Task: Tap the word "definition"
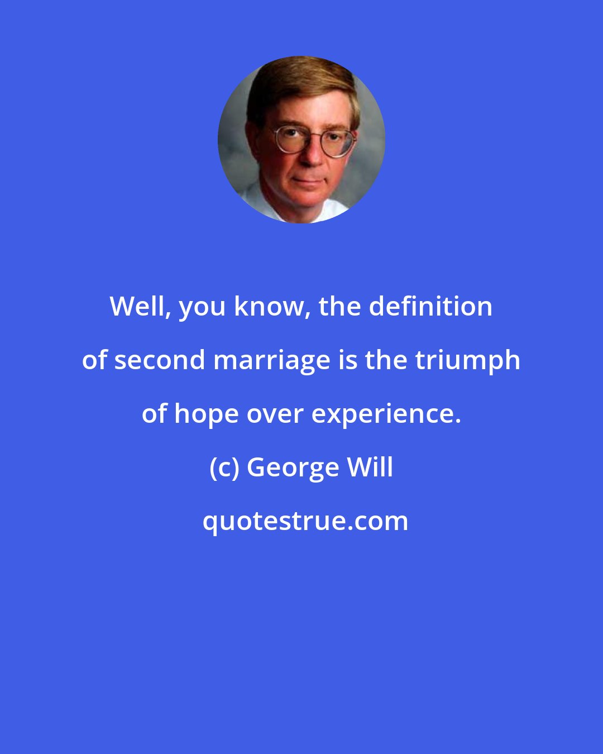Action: click(x=430, y=307)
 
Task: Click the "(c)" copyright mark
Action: click(x=224, y=467)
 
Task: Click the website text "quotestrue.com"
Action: click(x=305, y=521)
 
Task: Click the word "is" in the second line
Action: click(x=346, y=360)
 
